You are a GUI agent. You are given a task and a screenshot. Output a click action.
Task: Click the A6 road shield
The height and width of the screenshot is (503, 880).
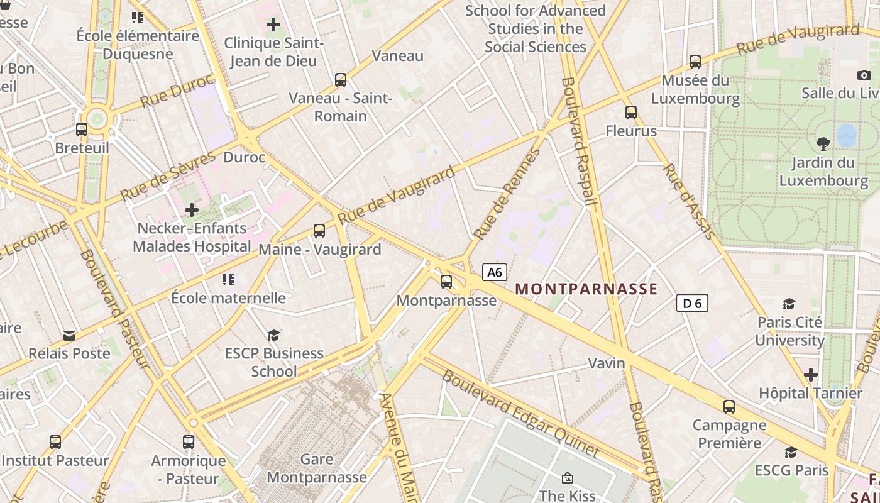coord(495,272)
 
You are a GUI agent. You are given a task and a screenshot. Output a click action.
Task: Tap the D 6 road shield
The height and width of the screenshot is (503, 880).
coord(692,304)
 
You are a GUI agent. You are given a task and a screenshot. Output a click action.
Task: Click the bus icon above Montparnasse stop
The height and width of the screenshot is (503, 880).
coord(446,281)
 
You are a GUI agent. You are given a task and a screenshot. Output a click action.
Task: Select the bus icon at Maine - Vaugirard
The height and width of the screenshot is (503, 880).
coord(319,231)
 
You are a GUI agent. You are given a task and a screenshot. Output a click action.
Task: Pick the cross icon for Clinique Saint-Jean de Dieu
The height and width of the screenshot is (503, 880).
coord(273,25)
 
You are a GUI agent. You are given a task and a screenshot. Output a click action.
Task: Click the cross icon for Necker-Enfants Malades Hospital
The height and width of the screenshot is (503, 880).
coord(192,210)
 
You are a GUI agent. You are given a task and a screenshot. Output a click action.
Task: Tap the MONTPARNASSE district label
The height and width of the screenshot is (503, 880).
coord(586,289)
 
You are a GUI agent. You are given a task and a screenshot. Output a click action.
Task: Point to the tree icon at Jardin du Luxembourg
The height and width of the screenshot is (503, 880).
coord(823,144)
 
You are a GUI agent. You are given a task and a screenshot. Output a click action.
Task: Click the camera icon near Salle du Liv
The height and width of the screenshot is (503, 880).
coord(864,75)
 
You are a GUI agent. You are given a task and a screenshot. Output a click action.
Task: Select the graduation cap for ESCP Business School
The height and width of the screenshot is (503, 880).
coord(273,335)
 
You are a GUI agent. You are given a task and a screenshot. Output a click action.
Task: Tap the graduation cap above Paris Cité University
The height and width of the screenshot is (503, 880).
coord(789,304)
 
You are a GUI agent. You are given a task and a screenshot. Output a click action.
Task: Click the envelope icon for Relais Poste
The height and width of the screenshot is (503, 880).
coord(69,336)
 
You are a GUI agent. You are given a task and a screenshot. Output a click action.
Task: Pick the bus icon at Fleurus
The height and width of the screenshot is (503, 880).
coord(631,113)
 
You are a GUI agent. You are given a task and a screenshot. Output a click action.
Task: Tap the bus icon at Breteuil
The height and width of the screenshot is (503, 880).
coord(82,130)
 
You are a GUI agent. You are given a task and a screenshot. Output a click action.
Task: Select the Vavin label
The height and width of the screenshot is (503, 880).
coord(607,363)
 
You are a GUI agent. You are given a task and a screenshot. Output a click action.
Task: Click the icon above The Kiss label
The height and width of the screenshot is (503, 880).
coord(567,478)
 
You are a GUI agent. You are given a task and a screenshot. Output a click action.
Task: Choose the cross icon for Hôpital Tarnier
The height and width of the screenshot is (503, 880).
coord(811,375)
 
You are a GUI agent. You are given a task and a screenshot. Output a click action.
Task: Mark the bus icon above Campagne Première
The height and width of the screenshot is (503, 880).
coord(729,407)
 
